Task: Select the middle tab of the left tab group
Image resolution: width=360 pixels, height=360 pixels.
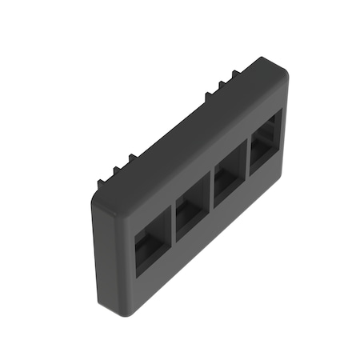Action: tap(117, 170)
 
